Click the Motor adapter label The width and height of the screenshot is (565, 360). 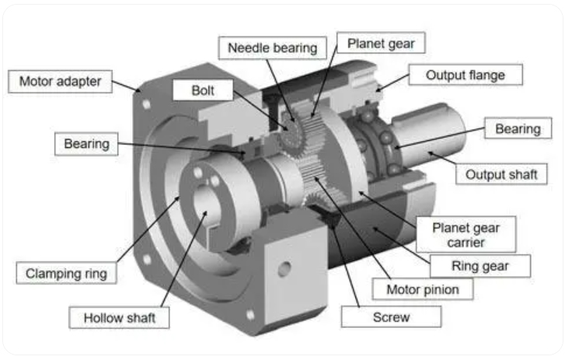pyautogui.click(x=60, y=82)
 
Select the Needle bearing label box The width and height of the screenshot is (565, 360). pyautogui.click(x=273, y=47)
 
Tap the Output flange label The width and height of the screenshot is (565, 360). pyautogui.click(x=466, y=75)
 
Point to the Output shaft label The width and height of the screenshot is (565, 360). pyautogui.click(x=501, y=174)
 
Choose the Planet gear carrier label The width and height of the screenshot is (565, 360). pyautogui.click(x=466, y=235)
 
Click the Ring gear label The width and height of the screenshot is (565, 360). pyautogui.click(x=480, y=266)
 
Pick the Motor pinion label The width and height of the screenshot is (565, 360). pyautogui.click(x=423, y=289)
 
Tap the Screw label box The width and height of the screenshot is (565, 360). pyautogui.click(x=391, y=317)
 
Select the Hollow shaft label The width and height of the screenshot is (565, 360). pyautogui.click(x=119, y=318)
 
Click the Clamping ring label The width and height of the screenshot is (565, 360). pyautogui.click(x=66, y=273)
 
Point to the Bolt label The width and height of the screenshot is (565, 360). pyautogui.click(x=203, y=90)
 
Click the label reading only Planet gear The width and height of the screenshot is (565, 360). pyautogui.click(x=381, y=44)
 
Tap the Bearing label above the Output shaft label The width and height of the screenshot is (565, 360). pyautogui.click(x=518, y=128)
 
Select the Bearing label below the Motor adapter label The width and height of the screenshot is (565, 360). pyautogui.click(x=86, y=144)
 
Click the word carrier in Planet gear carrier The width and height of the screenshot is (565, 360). pyautogui.click(x=466, y=243)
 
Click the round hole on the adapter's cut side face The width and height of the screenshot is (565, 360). pyautogui.click(x=284, y=269)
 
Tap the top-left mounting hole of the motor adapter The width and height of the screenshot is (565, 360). pyautogui.click(x=146, y=104)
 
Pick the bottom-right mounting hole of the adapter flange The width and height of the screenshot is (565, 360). pyautogui.click(x=250, y=315)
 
